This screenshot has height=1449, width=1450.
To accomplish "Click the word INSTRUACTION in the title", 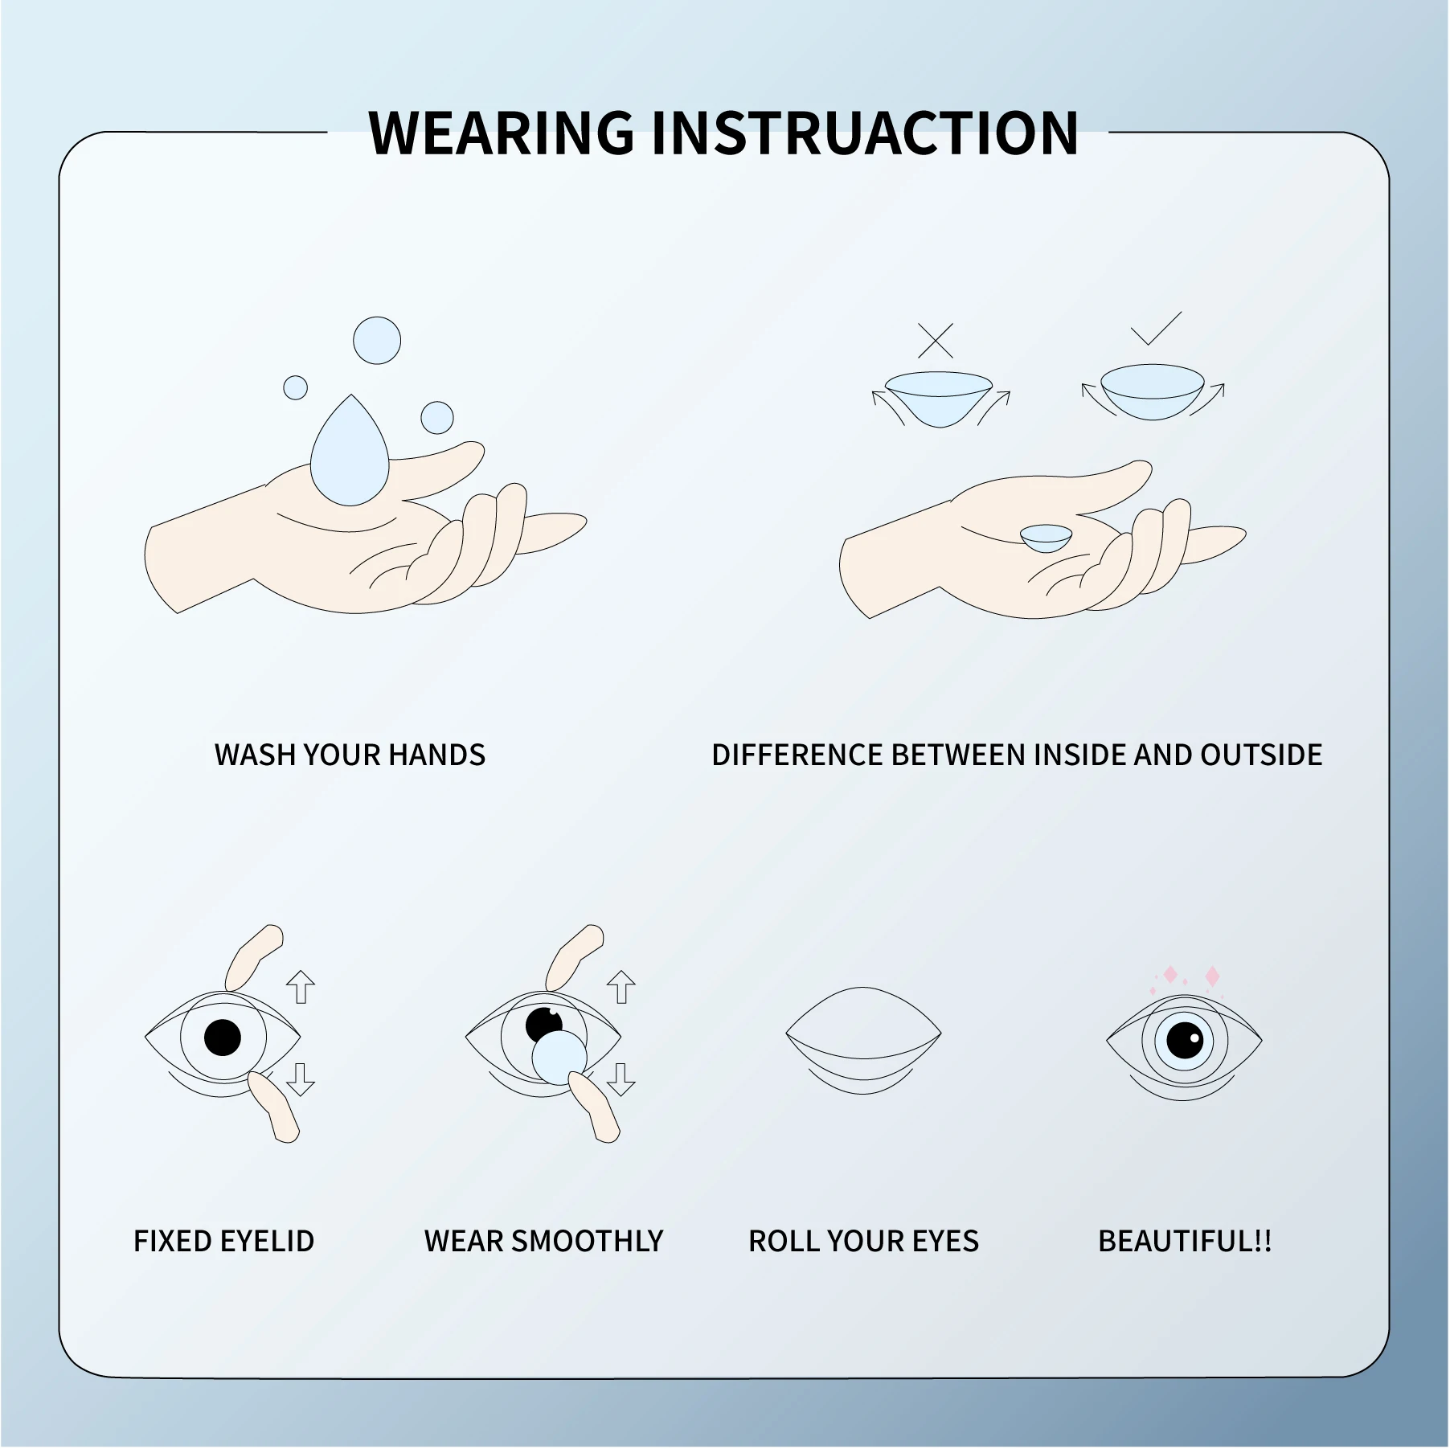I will click(864, 133).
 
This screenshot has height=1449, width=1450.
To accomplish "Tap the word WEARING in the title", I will click(502, 133).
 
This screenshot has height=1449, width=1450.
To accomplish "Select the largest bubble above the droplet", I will click(377, 340).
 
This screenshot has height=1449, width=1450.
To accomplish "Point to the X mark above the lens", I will click(935, 341).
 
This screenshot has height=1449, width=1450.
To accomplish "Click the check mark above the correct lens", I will click(1156, 329).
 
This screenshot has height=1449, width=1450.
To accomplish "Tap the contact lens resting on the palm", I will click(1046, 537).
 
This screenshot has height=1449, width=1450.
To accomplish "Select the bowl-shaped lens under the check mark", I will click(1152, 391).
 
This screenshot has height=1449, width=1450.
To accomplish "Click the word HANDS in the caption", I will click(436, 755).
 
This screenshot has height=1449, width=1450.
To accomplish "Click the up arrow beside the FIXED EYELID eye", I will click(301, 986).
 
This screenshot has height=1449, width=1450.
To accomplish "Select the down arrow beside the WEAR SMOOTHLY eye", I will click(621, 1079).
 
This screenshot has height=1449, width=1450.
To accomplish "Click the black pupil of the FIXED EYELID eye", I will click(223, 1038).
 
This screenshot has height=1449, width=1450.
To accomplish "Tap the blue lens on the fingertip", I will click(559, 1058).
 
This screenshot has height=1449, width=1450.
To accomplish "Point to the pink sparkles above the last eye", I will click(1190, 978).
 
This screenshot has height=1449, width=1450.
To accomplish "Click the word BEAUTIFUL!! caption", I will click(1185, 1242).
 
